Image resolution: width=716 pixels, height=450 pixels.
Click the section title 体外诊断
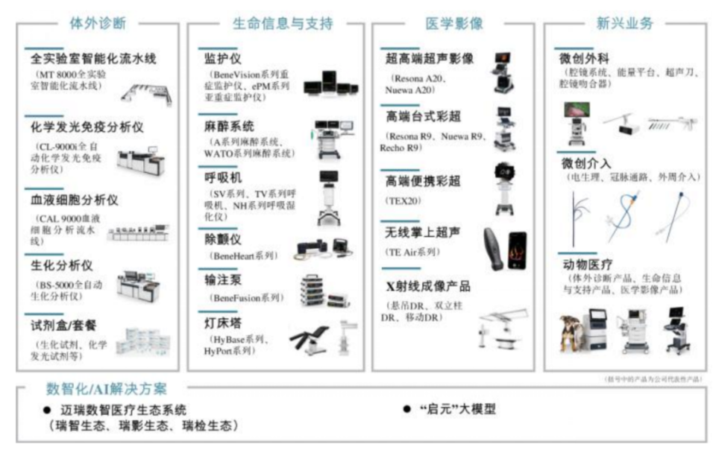click(x=97, y=23)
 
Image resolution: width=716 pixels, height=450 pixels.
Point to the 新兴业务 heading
click(x=625, y=23)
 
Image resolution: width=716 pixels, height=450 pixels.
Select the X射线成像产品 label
click(x=428, y=287)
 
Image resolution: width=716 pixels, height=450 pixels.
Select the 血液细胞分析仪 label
click(x=75, y=200)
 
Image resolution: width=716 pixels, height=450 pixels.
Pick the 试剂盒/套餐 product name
click(x=64, y=326)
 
